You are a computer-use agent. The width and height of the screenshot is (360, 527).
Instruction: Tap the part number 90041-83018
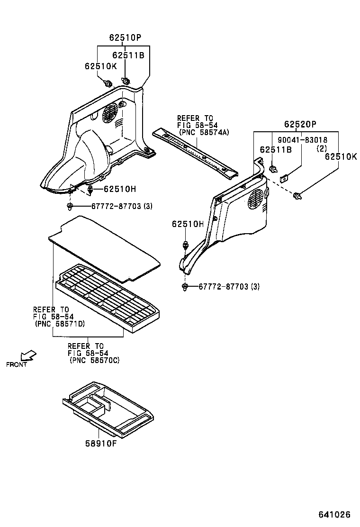pos(301,140)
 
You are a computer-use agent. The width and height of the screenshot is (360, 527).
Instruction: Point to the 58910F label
pos(101,445)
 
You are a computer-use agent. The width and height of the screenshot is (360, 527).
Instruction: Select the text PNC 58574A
pos(204,132)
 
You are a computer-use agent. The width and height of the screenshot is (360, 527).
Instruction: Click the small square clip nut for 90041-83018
pos(285,178)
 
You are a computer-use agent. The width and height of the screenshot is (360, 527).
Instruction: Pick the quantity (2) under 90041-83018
pos(322,148)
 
